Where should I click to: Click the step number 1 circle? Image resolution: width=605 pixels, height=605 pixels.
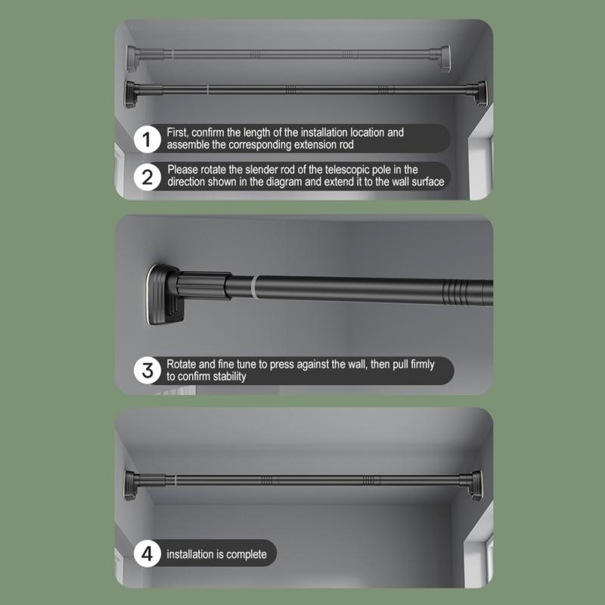click(x=146, y=138)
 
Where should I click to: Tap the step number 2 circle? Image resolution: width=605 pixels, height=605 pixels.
click(x=146, y=177)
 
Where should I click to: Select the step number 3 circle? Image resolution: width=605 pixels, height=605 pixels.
click(x=146, y=371)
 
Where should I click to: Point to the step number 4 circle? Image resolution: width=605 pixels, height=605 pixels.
click(x=146, y=554)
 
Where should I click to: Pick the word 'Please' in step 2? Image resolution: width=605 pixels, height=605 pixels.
click(x=183, y=170)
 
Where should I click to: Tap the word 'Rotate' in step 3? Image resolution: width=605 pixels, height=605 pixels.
click(x=182, y=365)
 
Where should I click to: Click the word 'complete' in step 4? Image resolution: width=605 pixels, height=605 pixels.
click(x=246, y=555)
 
